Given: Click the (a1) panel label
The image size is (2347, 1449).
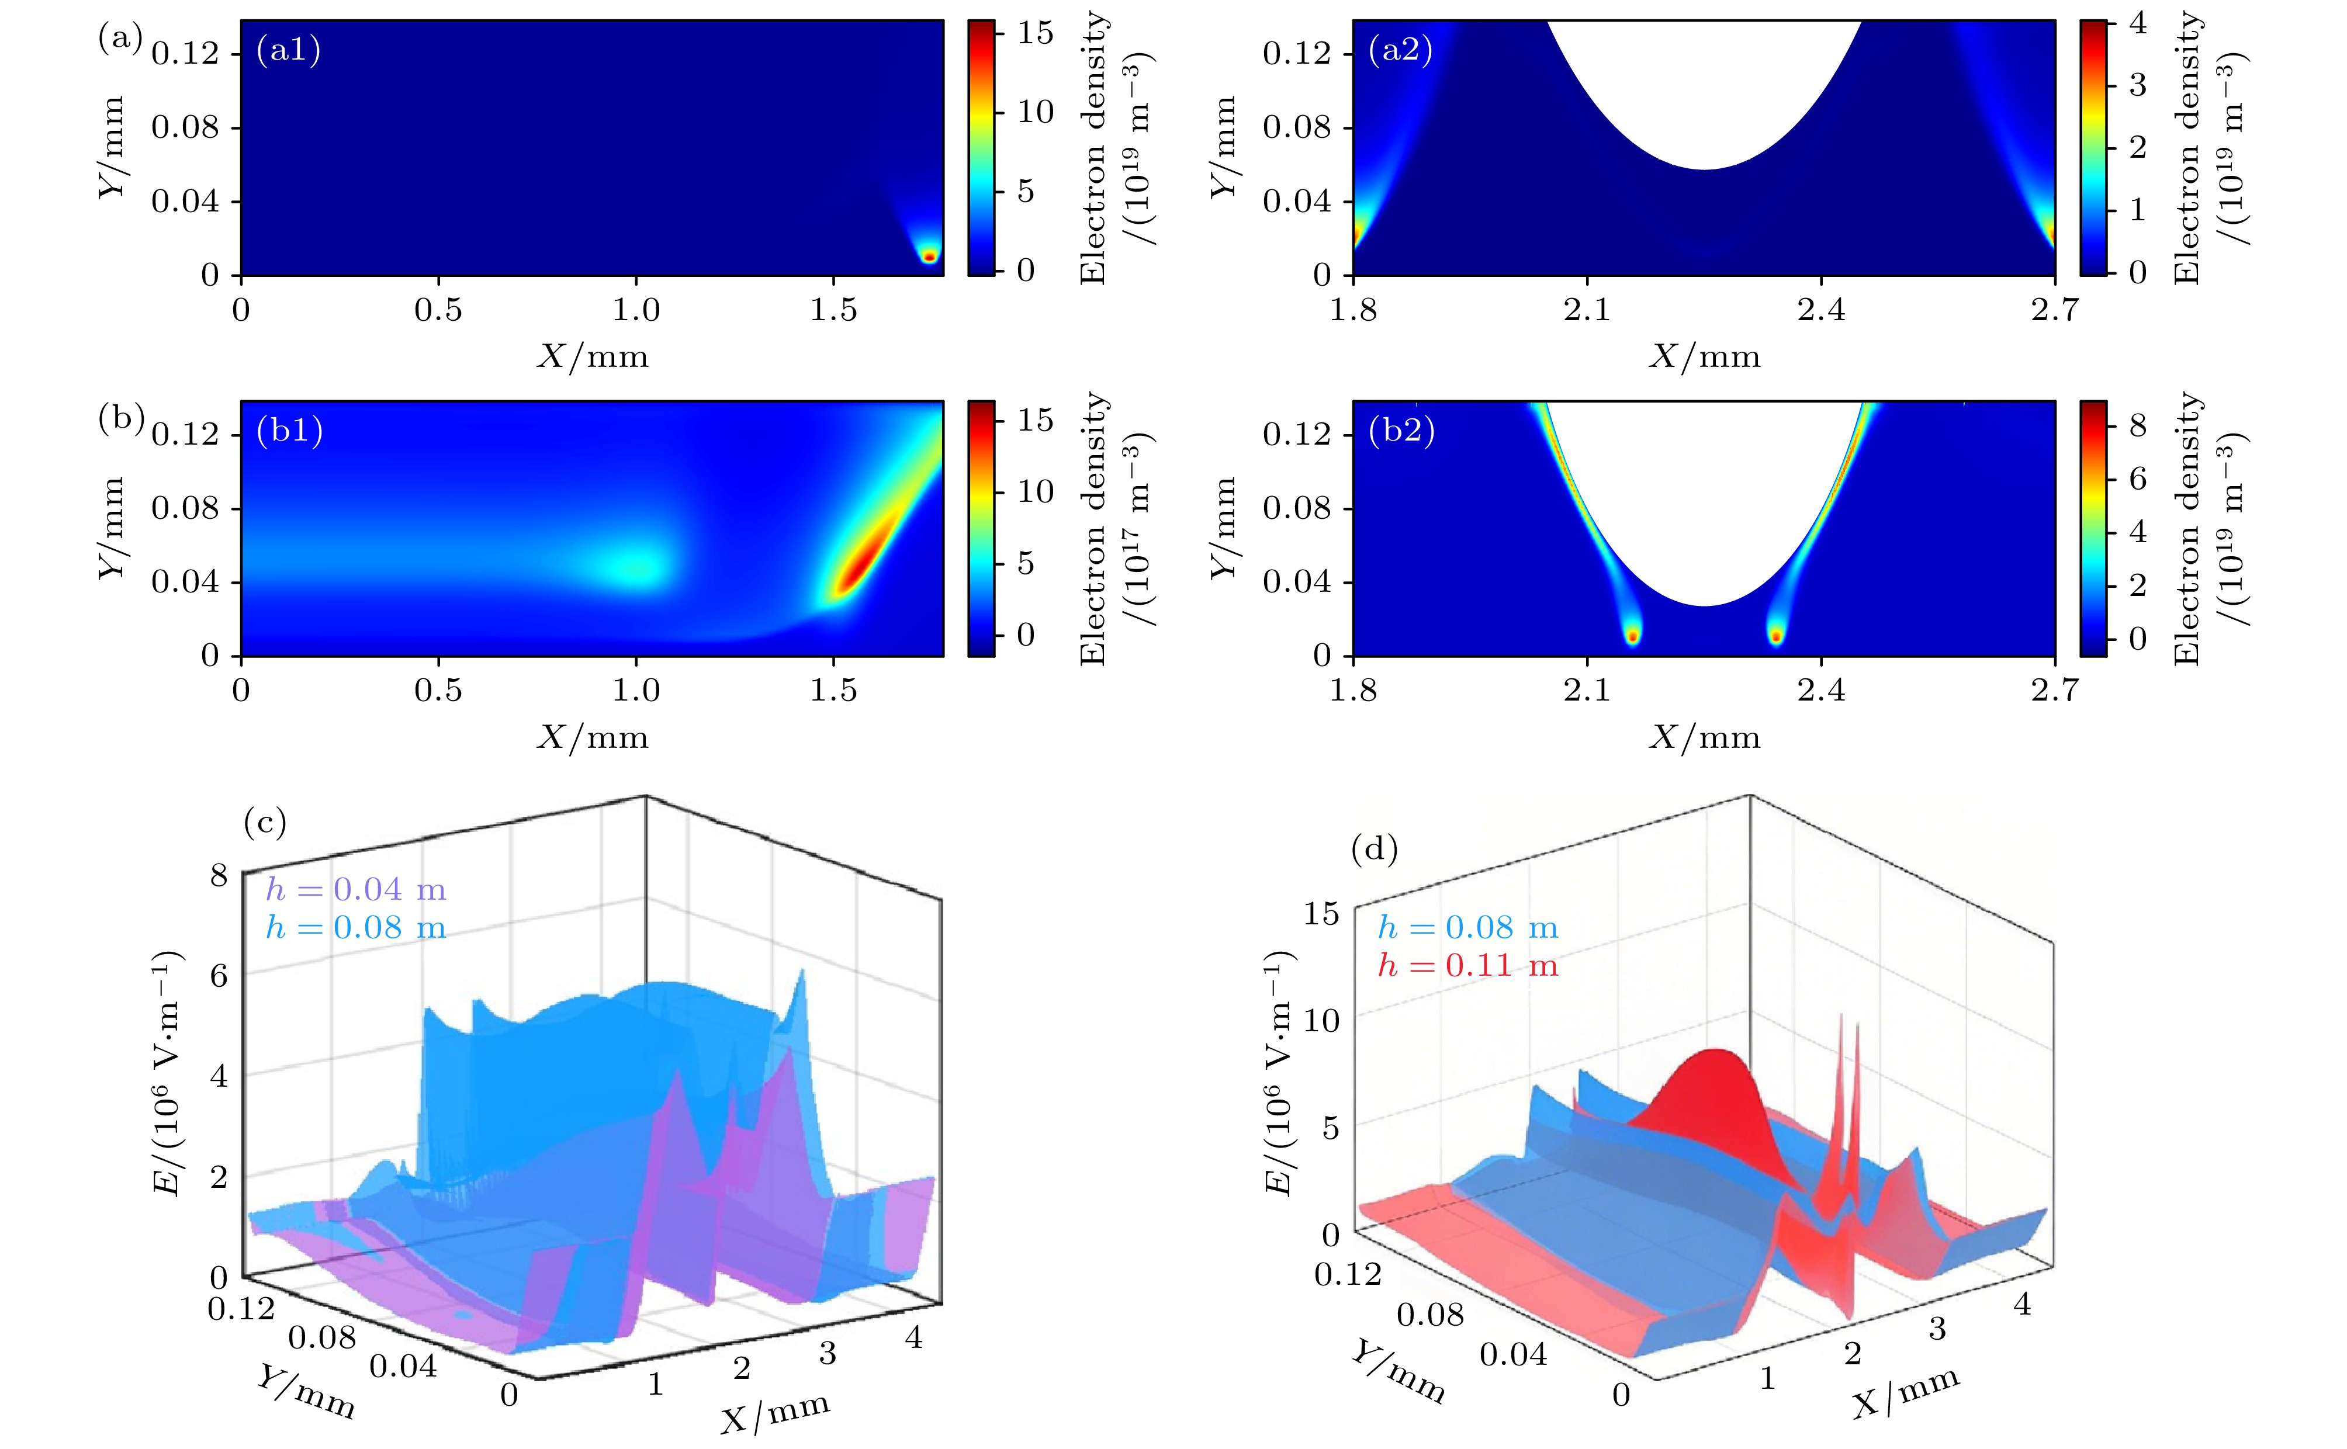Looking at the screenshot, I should (x=288, y=50).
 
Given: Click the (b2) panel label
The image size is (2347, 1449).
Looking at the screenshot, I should (x=1401, y=431).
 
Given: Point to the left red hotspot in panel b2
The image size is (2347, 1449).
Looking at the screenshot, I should (x=1632, y=635).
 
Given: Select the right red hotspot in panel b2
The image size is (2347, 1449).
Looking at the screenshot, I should (x=1776, y=635).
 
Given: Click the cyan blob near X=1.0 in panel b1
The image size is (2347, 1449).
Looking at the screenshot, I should (x=632, y=566).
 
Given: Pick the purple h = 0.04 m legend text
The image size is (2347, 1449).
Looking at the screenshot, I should (x=355, y=890).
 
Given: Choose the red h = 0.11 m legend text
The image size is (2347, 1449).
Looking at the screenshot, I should (x=1467, y=966).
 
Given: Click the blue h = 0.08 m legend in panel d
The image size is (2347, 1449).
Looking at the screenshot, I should (x=1467, y=928).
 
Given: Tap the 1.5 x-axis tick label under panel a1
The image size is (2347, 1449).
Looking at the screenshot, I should (x=833, y=310).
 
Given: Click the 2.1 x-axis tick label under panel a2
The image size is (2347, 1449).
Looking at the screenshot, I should (x=1587, y=310).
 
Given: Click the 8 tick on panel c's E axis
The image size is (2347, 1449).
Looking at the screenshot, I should (x=220, y=875).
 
